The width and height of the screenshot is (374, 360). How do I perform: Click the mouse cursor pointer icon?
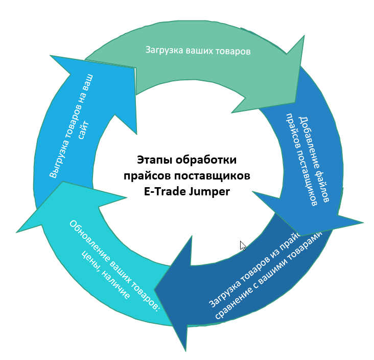tap(243, 246)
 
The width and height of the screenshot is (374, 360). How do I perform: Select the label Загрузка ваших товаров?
tap(198, 51)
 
